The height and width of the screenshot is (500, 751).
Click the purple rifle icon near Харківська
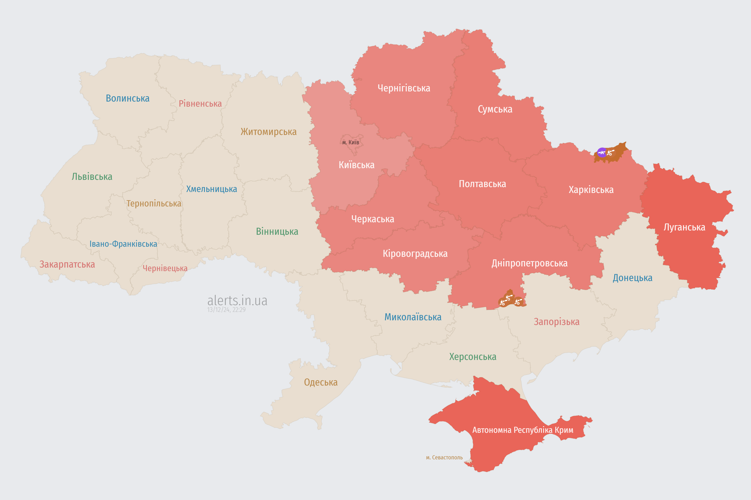click(x=602, y=152)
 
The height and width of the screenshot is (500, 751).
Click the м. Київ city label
click(x=351, y=142)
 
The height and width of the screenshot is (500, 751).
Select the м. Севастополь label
click(x=444, y=458)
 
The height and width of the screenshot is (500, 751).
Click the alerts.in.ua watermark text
click(x=237, y=301)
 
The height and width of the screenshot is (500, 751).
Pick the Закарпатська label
click(x=67, y=264)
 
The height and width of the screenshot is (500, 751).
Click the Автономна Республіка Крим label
click(x=523, y=430)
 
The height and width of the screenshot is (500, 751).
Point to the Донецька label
click(x=632, y=278)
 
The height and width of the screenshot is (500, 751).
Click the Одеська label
click(x=321, y=382)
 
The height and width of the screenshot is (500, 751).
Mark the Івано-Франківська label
click(x=123, y=244)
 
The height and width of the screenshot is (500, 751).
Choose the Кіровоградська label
click(x=415, y=254)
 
